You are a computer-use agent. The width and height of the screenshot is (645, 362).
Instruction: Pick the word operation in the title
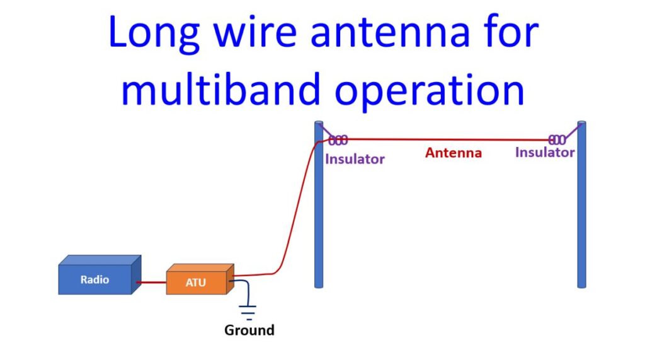point(430,91)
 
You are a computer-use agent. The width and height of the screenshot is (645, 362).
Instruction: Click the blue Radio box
point(100,275)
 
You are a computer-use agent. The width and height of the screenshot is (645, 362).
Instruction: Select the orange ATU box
point(200,279)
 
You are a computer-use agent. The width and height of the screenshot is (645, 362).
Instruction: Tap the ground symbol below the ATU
point(248,313)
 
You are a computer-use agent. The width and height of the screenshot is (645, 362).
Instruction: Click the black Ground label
point(249,330)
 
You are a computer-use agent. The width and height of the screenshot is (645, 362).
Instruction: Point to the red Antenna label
point(454,153)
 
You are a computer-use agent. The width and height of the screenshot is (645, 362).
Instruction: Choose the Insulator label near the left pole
point(355,159)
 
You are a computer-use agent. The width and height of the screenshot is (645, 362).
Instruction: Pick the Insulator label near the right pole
point(545,153)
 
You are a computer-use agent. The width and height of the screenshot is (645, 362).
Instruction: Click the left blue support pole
point(319,204)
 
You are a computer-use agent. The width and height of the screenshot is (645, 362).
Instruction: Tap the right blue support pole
point(581,204)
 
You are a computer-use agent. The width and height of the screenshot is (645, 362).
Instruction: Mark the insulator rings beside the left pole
point(338,141)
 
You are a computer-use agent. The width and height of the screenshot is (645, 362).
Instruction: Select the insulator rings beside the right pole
point(557,140)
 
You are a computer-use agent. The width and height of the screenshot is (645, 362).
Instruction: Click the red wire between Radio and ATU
point(151,283)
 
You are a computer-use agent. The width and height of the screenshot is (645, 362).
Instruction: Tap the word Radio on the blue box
point(94,279)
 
